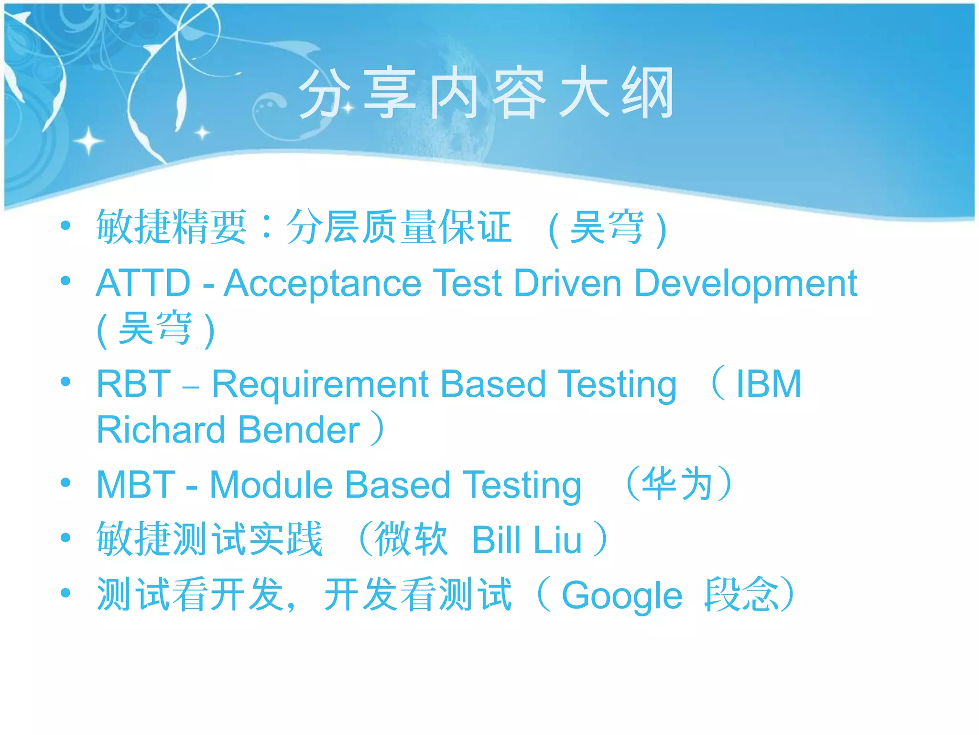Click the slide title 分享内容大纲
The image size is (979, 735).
pyautogui.click(x=486, y=93)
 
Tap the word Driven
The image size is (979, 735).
pyautogui.click(x=567, y=283)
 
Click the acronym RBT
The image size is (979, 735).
pyautogui.click(x=133, y=384)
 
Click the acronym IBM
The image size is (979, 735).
pyautogui.click(x=768, y=384)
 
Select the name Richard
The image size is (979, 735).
pyautogui.click(x=161, y=430)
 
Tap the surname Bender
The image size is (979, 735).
pyautogui.click(x=299, y=430)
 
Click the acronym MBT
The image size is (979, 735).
pyautogui.click(x=136, y=485)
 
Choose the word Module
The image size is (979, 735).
pyautogui.click(x=271, y=485)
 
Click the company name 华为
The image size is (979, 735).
pyautogui.click(x=678, y=484)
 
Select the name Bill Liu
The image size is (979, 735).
pyautogui.click(x=527, y=540)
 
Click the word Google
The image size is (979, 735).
pyautogui.click(x=621, y=596)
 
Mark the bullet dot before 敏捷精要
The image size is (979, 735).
pyautogui.click(x=65, y=225)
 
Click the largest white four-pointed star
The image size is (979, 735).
pyautogui.click(x=88, y=141)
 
